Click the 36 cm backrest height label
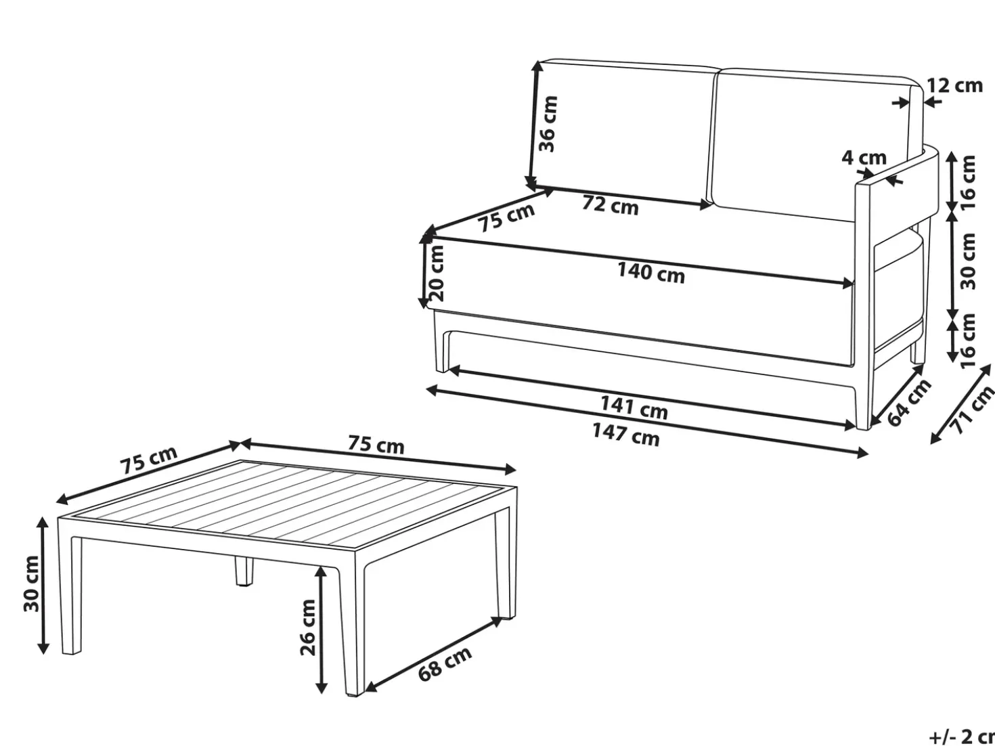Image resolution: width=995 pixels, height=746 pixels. (548, 124)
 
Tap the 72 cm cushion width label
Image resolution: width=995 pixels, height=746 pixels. (610, 205)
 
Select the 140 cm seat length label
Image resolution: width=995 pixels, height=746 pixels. (651, 273)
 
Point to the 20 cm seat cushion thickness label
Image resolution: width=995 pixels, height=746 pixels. (437, 273)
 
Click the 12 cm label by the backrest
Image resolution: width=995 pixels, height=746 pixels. (954, 85)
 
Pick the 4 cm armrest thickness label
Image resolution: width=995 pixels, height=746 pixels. (864, 158)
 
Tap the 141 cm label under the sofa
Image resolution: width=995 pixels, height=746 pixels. (634, 408)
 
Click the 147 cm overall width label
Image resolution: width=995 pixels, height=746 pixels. (626, 434)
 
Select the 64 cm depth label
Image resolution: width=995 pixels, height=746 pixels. (908, 403)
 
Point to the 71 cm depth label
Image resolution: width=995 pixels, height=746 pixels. (972, 411)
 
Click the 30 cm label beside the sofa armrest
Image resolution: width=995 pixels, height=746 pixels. (967, 261)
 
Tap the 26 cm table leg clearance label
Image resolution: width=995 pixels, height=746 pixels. (308, 627)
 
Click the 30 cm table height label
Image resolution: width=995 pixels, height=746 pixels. (32, 584)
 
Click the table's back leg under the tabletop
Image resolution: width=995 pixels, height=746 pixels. (244, 572)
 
